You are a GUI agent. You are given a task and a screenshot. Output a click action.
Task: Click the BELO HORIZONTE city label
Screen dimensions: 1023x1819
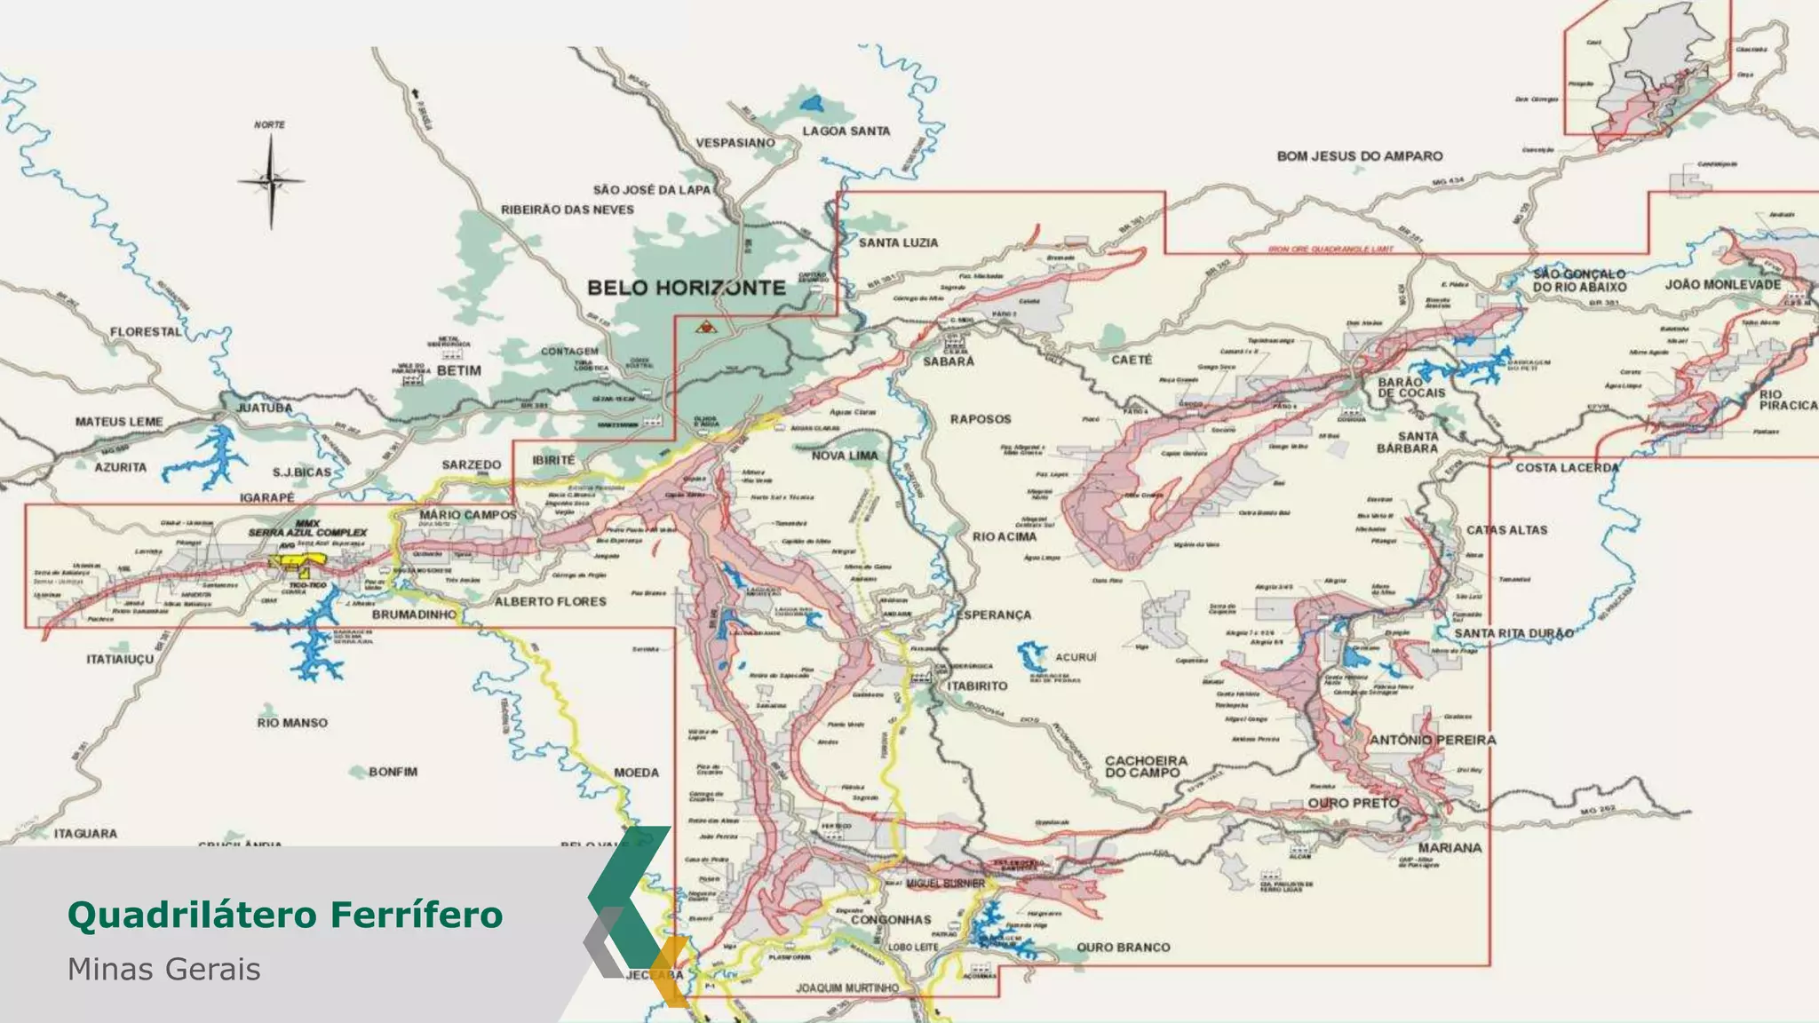click(x=687, y=288)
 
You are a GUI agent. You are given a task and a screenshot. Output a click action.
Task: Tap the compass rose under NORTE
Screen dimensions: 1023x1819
click(x=271, y=181)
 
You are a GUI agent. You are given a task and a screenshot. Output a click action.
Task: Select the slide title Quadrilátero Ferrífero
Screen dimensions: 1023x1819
click(x=285, y=915)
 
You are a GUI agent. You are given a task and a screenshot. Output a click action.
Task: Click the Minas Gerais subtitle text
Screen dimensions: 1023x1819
click(x=164, y=969)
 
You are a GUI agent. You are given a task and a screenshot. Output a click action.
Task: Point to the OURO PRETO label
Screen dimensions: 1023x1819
click(x=1353, y=803)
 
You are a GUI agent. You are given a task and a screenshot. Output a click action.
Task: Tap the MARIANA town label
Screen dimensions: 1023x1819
click(x=1450, y=848)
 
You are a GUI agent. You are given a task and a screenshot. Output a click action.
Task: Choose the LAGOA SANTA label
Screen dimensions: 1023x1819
click(x=846, y=131)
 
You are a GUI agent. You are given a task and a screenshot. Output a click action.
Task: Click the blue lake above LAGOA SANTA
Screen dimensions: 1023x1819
click(x=811, y=103)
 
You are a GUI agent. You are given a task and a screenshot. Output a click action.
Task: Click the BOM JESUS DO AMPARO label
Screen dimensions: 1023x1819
click(x=1359, y=156)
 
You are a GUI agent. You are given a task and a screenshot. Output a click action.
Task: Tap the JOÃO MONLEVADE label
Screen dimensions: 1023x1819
click(x=1722, y=285)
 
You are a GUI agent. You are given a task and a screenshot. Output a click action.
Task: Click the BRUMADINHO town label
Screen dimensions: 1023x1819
click(x=414, y=615)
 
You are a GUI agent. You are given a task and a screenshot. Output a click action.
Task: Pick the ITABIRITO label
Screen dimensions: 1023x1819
click(x=977, y=686)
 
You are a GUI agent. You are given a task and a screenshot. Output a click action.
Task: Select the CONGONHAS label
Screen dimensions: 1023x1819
click(x=890, y=920)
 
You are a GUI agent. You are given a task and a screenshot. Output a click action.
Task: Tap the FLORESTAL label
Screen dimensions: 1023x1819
click(x=146, y=332)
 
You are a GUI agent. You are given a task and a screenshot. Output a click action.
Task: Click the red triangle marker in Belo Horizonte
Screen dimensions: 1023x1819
click(x=705, y=327)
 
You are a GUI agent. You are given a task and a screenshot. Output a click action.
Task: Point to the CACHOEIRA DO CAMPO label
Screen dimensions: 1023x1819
click(x=1145, y=766)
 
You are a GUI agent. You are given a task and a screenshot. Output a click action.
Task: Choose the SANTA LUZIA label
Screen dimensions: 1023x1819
click(x=897, y=242)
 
